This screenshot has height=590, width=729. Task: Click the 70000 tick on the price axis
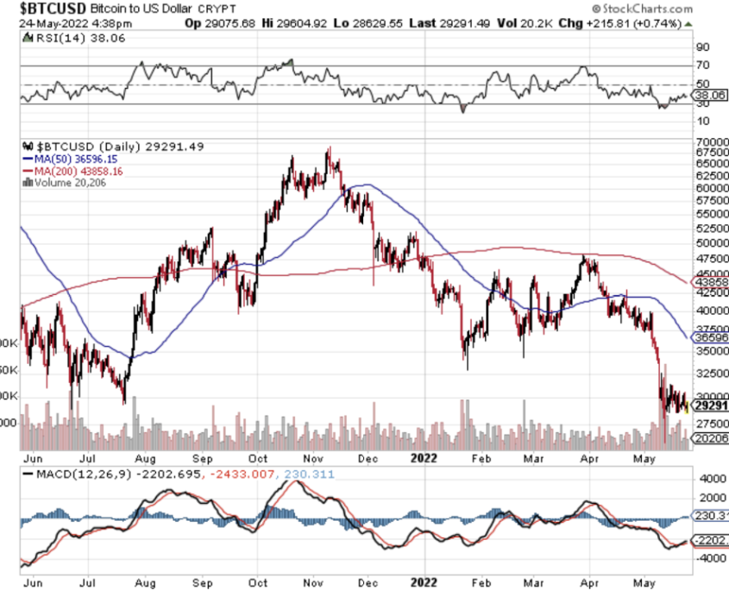(713, 141)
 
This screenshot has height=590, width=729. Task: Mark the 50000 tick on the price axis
(713, 243)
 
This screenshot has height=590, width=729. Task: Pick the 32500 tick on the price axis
(713, 373)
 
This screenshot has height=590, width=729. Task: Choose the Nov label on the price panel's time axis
(312, 460)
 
